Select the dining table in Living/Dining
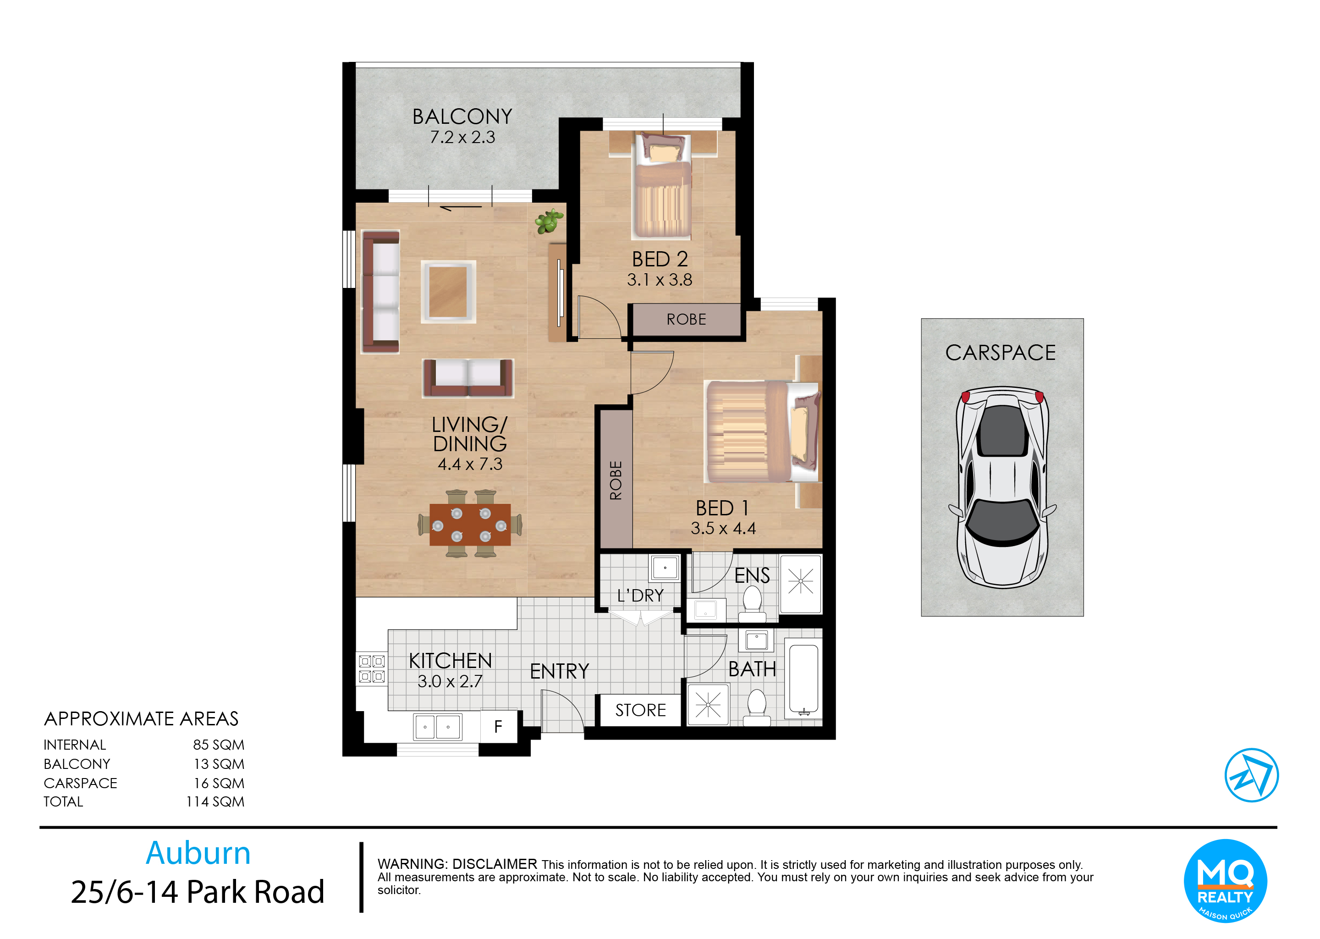pos(470,525)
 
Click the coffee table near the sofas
pos(448,292)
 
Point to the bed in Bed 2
pos(662,186)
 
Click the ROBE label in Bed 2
pos(686,319)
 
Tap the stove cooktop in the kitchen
pos(372,668)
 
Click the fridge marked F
pos(498,726)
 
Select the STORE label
pos(640,710)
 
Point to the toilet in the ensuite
pos(752,603)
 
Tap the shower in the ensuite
pos(800,583)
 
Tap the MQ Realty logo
pos(1225,881)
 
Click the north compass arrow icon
pos(1251,775)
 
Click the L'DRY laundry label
pos(640,596)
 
